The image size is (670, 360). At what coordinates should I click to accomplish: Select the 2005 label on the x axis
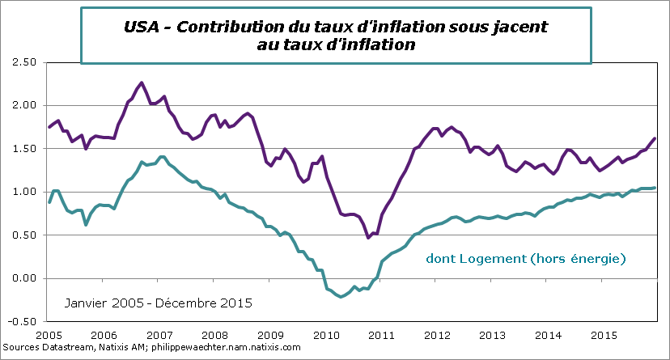(48, 334)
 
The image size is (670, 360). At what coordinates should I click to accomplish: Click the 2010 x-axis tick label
(326, 334)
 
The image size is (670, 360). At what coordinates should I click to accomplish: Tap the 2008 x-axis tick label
(214, 334)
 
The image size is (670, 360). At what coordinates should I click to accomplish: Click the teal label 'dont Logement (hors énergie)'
(526, 259)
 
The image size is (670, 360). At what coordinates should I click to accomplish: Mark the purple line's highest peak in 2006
(142, 83)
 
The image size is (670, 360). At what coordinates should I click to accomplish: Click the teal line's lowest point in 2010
(341, 297)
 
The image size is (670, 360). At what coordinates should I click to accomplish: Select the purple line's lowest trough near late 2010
(368, 237)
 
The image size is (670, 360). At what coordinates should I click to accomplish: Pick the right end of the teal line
(655, 188)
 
